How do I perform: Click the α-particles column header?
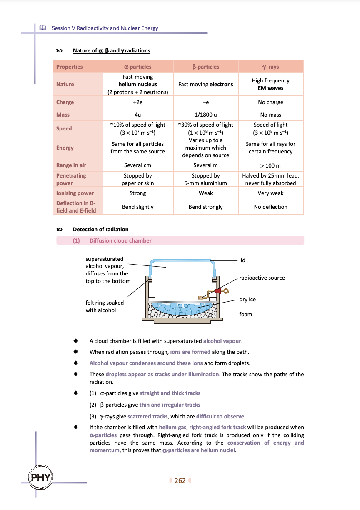point(138,67)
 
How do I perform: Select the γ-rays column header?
point(271,67)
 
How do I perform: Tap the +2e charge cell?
point(138,102)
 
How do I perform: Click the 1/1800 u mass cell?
point(205,115)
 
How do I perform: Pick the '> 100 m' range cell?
point(271,165)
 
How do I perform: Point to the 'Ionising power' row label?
point(75,193)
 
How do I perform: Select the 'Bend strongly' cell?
point(205,207)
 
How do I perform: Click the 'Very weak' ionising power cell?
point(271,193)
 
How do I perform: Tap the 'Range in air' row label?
point(71,165)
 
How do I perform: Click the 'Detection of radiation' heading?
point(100,229)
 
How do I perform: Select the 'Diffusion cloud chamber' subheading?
point(120,240)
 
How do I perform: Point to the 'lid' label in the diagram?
point(242,260)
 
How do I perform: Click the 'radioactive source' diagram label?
point(262,277)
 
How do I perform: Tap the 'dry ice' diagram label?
point(247,299)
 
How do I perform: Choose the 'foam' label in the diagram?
point(246,314)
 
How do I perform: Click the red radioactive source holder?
point(217,290)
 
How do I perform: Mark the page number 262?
point(180,480)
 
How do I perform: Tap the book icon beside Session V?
point(42,28)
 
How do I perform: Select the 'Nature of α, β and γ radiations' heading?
point(111,50)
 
